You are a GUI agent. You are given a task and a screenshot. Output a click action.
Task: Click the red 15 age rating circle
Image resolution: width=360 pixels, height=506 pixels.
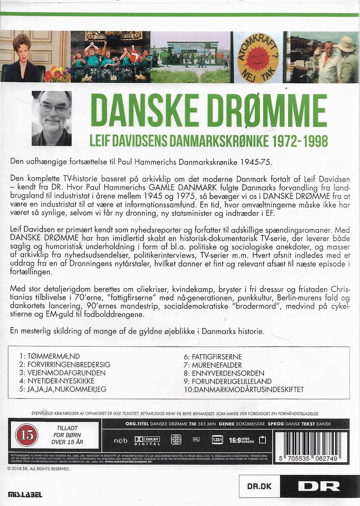[27, 435]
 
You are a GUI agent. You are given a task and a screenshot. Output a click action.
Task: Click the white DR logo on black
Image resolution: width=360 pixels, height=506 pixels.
[319, 486]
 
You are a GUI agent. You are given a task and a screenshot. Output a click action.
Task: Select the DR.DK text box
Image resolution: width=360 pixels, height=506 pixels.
[259, 487]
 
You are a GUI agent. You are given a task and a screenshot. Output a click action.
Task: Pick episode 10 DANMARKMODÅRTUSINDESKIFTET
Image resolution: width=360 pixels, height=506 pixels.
[244, 389]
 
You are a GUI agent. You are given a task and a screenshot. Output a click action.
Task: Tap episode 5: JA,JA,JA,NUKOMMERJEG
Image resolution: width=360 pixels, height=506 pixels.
[63, 389]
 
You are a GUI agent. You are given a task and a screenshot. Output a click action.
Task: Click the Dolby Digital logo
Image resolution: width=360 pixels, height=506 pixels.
[147, 440]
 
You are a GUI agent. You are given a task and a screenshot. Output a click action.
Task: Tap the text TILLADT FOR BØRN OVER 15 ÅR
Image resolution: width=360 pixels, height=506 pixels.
[67, 435]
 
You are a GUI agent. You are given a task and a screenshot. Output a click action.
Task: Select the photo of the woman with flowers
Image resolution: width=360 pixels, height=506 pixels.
[36, 57]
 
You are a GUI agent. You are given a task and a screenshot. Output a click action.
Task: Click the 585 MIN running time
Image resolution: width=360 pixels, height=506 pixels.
[206, 424]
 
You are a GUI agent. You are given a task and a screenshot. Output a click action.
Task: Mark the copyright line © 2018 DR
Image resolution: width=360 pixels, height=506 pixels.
[39, 469]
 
